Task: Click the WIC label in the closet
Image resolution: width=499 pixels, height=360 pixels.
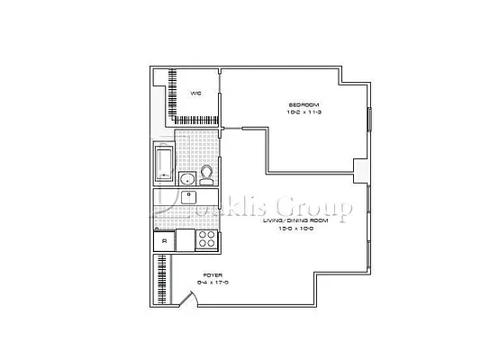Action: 195,93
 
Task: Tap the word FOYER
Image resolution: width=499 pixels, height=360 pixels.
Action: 213,274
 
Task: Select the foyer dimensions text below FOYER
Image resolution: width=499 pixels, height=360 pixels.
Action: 213,283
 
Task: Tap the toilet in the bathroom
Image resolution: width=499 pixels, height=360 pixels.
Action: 206,174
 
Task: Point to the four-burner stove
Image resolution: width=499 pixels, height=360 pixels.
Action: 206,240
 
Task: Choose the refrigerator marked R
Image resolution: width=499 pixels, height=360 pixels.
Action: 164,240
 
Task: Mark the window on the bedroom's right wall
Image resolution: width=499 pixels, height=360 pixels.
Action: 368,126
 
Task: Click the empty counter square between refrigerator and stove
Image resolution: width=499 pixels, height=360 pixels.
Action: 185,240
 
